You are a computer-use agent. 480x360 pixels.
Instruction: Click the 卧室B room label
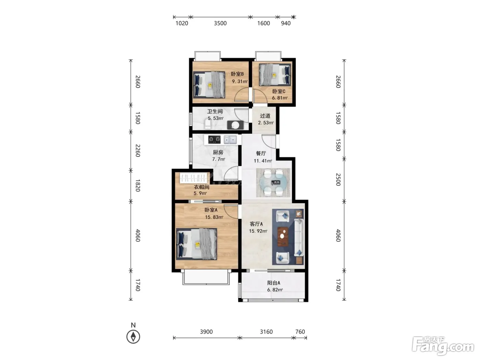(x=237, y=74)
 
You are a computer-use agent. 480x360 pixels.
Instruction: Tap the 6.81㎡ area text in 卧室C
(x=279, y=98)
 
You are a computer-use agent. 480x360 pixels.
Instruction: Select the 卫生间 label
(x=215, y=111)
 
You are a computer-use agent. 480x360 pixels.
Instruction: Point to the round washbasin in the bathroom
(x=235, y=125)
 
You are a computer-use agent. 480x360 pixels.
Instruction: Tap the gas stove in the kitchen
(x=214, y=140)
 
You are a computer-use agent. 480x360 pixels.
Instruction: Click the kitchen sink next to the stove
(x=230, y=140)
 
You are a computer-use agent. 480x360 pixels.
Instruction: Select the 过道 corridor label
(x=265, y=116)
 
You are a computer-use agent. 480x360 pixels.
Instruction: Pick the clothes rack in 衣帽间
(x=193, y=178)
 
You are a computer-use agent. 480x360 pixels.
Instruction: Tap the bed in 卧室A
(x=196, y=244)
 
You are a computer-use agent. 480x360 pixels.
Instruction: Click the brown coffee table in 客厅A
(x=283, y=237)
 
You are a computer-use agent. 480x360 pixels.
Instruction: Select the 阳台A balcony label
(x=274, y=283)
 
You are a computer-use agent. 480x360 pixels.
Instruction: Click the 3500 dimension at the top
(x=220, y=23)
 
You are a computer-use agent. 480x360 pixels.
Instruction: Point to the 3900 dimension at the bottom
(x=206, y=332)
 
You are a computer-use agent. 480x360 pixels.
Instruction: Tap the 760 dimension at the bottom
(x=300, y=332)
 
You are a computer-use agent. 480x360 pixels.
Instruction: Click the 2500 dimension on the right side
(x=338, y=179)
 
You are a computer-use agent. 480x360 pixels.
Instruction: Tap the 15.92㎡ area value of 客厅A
(x=258, y=231)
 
